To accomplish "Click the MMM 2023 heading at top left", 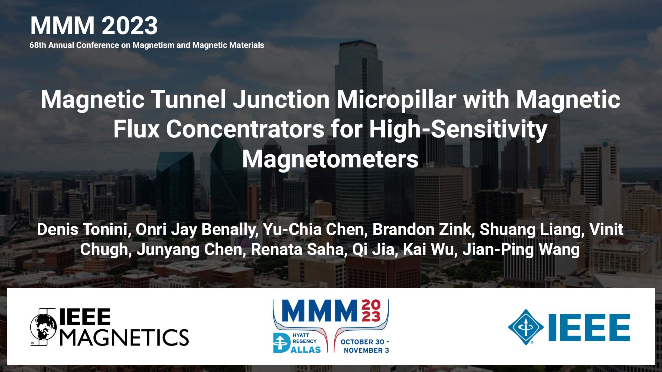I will click(x=94, y=26).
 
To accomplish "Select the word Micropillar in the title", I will click(x=397, y=100).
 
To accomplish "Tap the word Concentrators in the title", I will click(x=245, y=130).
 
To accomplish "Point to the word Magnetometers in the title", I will click(x=330, y=159).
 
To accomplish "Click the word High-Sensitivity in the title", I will click(x=458, y=130).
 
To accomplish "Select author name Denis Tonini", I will click(x=82, y=230).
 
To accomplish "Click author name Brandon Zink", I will click(x=421, y=230).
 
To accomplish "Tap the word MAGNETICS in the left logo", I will click(x=124, y=337).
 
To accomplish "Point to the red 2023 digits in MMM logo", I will click(x=371, y=311).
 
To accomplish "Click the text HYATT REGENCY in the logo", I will click(x=304, y=338).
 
